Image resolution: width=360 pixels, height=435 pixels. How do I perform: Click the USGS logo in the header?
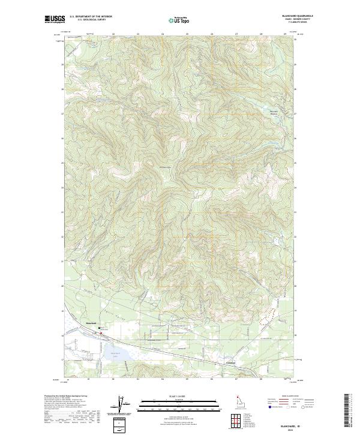tap(55, 19)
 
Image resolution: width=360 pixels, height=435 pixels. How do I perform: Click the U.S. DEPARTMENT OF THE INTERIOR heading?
tap(91, 17)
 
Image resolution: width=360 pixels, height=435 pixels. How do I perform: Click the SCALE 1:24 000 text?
tap(175, 397)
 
